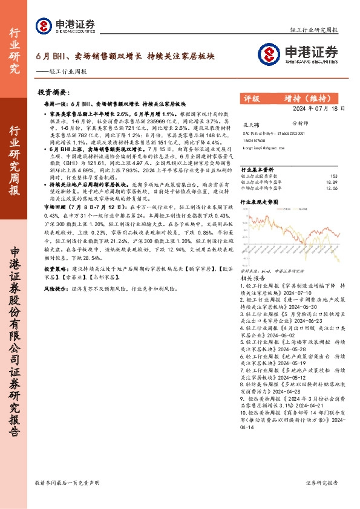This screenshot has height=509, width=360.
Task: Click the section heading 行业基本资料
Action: point(258,169)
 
